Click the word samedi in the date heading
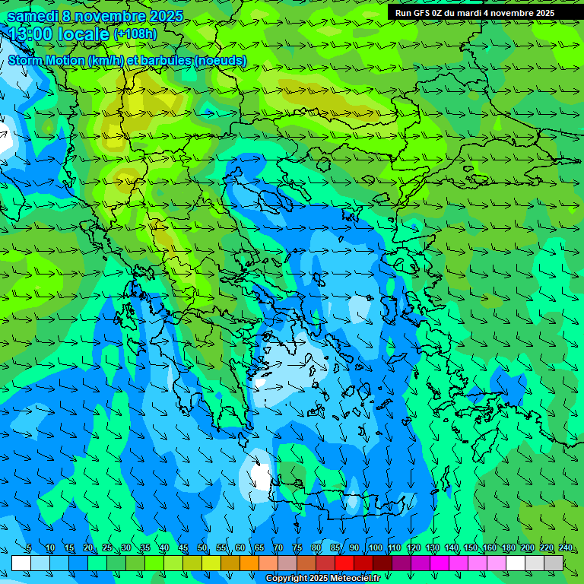coord(32,15)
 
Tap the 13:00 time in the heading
coord(32,34)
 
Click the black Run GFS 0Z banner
coord(475,13)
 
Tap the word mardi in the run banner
coord(469,13)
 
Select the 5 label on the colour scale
coord(29,547)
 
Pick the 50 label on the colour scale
coord(202,547)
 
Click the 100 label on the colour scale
coord(375,547)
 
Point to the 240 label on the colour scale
coord(565,547)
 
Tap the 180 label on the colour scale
coord(508,547)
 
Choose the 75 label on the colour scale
coord(297,547)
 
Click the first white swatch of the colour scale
coord(21,563)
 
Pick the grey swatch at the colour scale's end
coord(554,563)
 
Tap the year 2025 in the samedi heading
coord(166,15)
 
